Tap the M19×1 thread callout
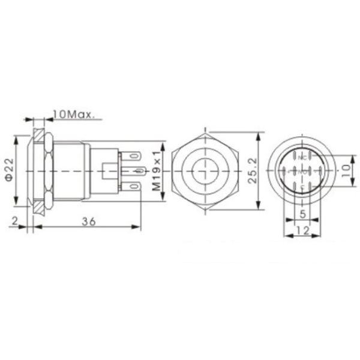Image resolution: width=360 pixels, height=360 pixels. [157, 172]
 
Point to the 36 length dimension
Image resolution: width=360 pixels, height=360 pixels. [89, 221]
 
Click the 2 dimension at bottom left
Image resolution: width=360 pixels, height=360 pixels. [14, 221]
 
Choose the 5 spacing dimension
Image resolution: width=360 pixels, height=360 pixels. [303, 213]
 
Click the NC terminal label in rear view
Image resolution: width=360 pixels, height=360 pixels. [303, 157]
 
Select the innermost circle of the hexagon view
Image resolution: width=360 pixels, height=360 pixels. [206, 171]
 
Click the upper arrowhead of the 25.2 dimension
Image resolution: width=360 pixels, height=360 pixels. [259, 136]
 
